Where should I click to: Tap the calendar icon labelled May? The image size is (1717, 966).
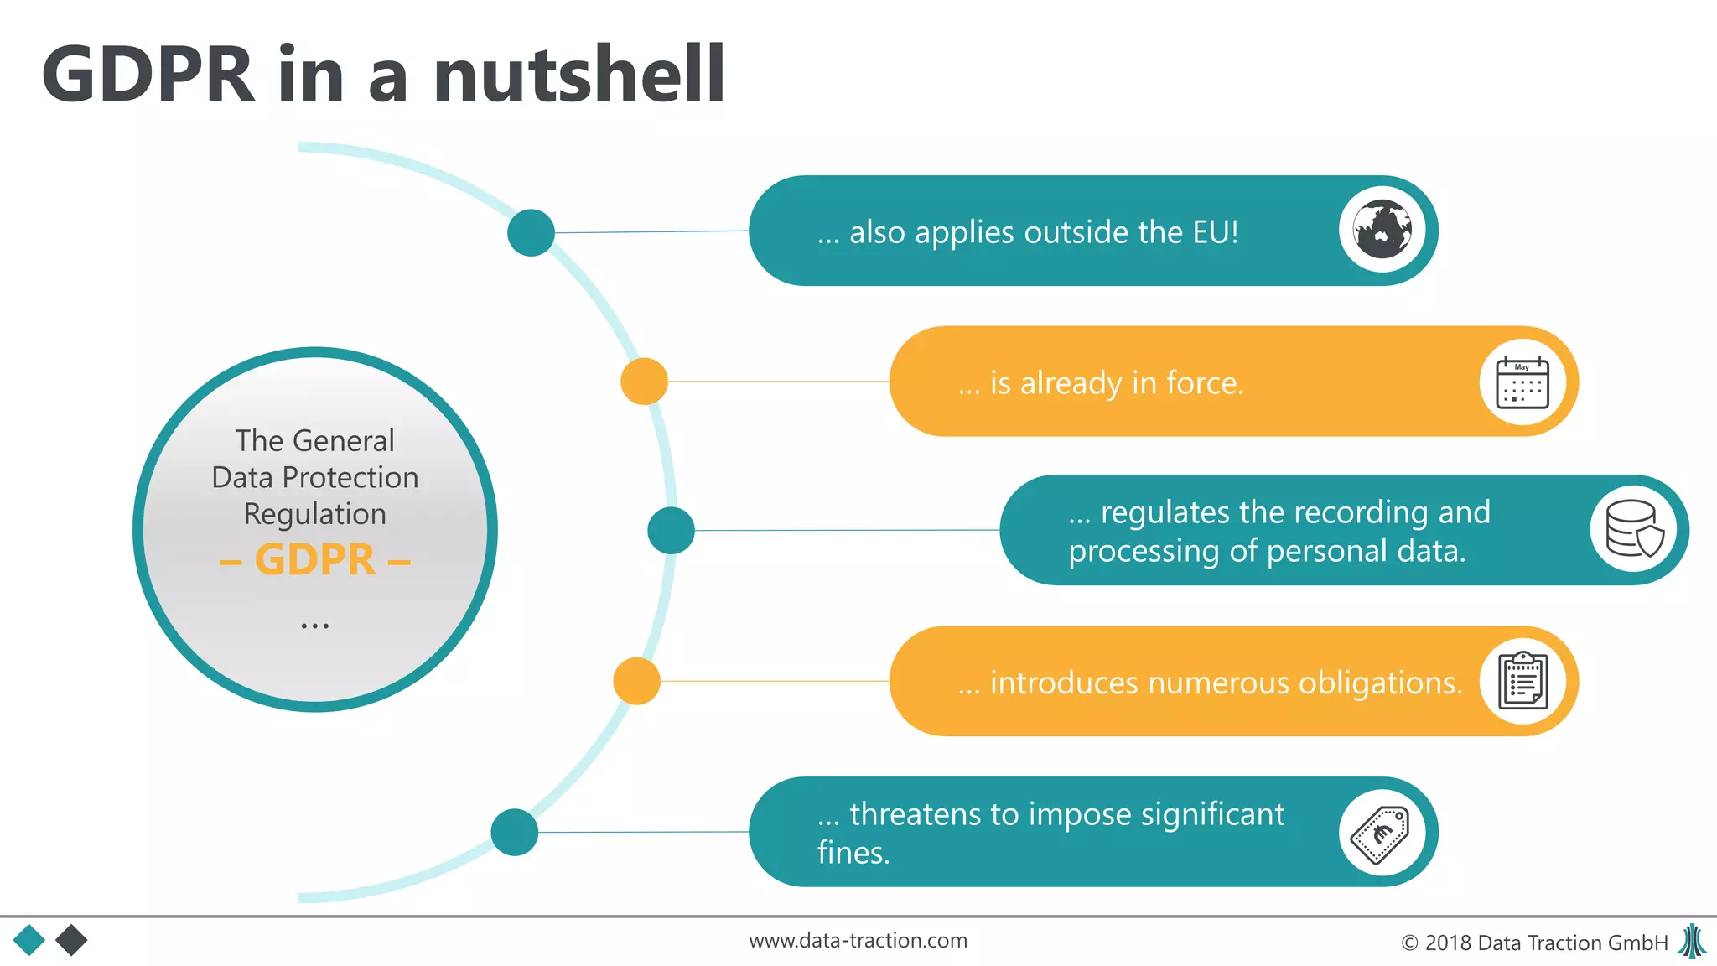(x=1522, y=382)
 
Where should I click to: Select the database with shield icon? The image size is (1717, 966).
(x=1634, y=529)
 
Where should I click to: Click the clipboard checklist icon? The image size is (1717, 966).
(x=1522, y=681)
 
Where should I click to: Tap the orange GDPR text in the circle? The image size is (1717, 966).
(x=315, y=560)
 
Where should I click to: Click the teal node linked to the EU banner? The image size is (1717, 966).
(x=531, y=232)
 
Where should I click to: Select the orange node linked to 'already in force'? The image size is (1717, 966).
(x=644, y=382)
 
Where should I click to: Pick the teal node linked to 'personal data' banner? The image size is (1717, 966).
(x=671, y=530)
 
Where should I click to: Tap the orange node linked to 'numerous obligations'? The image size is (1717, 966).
(x=637, y=681)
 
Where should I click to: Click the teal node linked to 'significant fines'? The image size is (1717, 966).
(x=514, y=832)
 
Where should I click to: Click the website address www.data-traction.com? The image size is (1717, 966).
(x=858, y=941)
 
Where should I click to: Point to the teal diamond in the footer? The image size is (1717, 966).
(x=29, y=940)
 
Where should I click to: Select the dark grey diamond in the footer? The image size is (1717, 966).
(x=71, y=940)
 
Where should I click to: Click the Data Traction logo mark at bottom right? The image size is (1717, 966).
(x=1693, y=941)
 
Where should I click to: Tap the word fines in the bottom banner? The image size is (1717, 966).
(x=853, y=853)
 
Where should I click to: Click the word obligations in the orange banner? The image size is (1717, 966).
(x=1380, y=683)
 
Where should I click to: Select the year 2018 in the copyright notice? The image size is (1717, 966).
(x=1449, y=943)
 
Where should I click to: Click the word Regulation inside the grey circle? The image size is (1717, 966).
(x=315, y=514)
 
